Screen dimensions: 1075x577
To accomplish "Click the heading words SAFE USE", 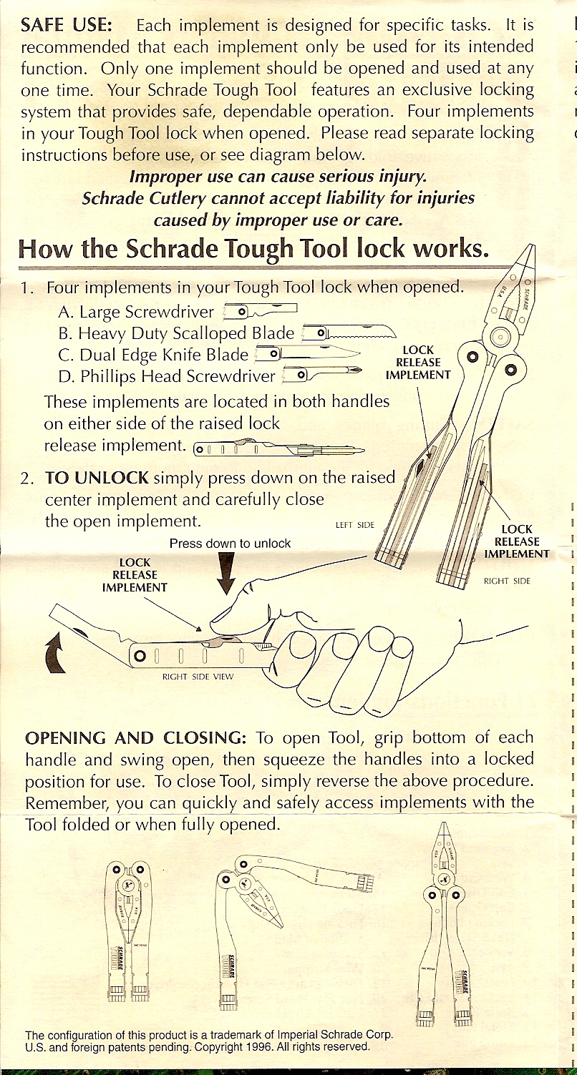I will tap(67, 26).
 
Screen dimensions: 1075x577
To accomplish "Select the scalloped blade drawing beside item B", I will tap(349, 333).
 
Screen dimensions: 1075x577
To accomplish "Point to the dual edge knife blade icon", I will tap(308, 354).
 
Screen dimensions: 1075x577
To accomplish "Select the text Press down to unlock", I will tap(230, 544).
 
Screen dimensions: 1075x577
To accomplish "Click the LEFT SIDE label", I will tap(355, 526).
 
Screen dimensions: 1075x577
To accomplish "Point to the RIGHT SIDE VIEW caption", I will tap(195, 676).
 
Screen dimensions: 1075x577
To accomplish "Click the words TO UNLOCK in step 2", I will tap(97, 478).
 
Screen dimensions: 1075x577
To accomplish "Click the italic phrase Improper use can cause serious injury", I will tap(278, 176).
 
